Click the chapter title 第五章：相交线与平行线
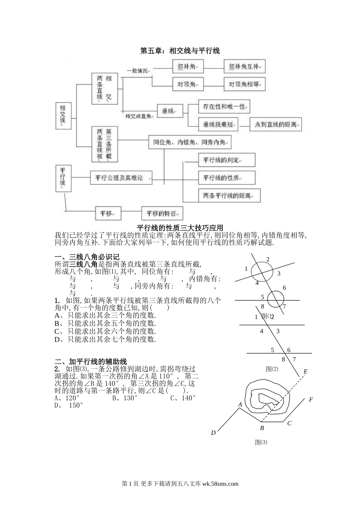[x=180, y=50]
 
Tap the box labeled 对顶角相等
[x=244, y=84]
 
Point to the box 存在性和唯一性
[x=224, y=107]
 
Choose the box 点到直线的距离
[x=275, y=124]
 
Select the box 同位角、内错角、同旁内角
[x=189, y=142]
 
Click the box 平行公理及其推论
[x=121, y=177]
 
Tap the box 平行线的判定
[x=226, y=160]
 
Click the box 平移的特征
[x=162, y=213]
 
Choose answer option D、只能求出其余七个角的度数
[x=105, y=339]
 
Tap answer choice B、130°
[x=125, y=398]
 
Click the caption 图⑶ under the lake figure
[x=261, y=442]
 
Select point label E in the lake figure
[x=305, y=371]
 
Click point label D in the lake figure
[x=213, y=432]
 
